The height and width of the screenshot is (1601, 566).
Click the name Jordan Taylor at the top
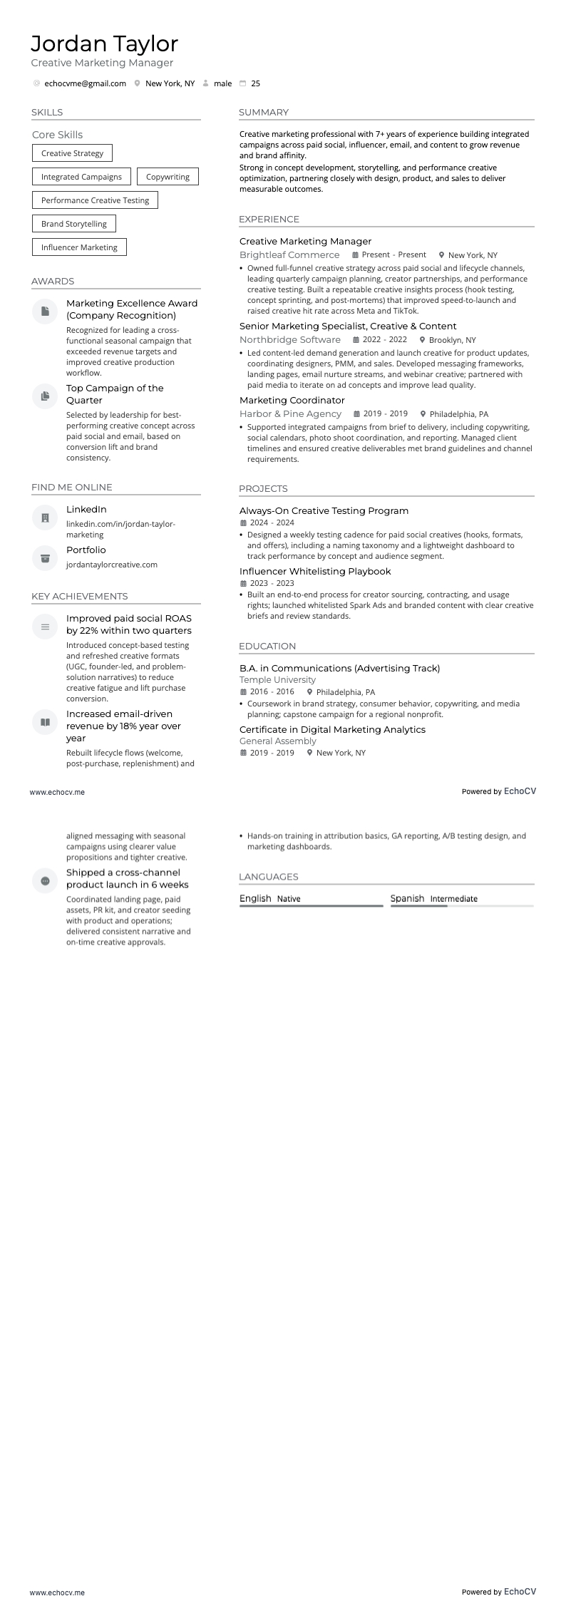pyautogui.click(x=104, y=44)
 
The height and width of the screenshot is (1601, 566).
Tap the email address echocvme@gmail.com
pyautogui.click(x=85, y=83)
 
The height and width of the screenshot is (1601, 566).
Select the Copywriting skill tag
pyautogui.click(x=168, y=177)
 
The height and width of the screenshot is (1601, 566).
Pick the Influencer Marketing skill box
pyautogui.click(x=79, y=247)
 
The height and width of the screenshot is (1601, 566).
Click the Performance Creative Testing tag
pyautogui.click(x=95, y=200)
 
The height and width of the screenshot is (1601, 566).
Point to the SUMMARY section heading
pyautogui.click(x=264, y=113)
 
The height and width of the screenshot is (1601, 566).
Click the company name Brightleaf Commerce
pyautogui.click(x=289, y=255)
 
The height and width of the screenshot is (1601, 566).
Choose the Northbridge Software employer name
pyautogui.click(x=290, y=340)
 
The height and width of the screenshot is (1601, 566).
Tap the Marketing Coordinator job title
pyautogui.click(x=292, y=401)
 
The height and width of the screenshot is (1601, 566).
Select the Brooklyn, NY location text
pyautogui.click(x=452, y=340)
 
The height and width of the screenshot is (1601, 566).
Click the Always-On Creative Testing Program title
pyautogui.click(x=324, y=511)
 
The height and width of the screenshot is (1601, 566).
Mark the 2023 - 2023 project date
pyautogui.click(x=272, y=583)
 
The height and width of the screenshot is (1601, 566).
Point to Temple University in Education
pyautogui.click(x=277, y=680)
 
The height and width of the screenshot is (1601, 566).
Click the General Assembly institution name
pyautogui.click(x=278, y=741)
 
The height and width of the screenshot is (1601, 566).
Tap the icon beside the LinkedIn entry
pyautogui.click(x=45, y=518)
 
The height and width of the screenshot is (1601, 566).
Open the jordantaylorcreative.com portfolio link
pyautogui.click(x=112, y=565)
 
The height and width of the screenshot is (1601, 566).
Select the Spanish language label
pyautogui.click(x=407, y=898)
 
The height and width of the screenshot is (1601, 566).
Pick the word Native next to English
pyautogui.click(x=289, y=899)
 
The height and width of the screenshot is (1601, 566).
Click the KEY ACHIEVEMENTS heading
pyautogui.click(x=80, y=597)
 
